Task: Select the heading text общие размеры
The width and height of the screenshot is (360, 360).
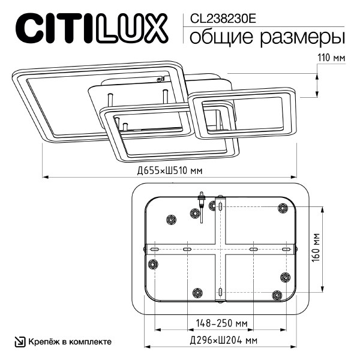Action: click(267, 37)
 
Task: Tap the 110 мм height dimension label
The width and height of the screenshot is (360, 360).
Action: click(331, 58)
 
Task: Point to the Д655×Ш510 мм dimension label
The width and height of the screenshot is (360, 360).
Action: click(170, 170)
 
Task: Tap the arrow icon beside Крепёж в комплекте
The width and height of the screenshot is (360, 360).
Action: click(19, 341)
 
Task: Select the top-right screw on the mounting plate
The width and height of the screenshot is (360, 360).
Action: click(282, 208)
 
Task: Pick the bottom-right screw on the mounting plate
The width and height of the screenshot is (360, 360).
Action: click(277, 295)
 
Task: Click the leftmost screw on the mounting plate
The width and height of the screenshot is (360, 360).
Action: click(152, 263)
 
